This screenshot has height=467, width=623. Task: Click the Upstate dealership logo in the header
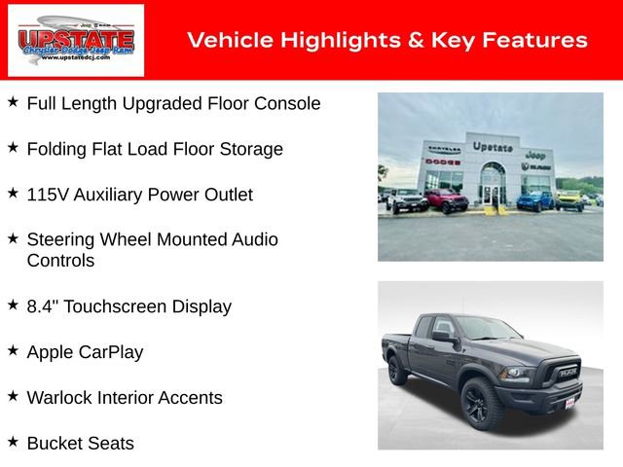coord(75,40)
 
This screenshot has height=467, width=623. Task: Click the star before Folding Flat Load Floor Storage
coord(13,148)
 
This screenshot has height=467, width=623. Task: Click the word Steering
coord(62,239)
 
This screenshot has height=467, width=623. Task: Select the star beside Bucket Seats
coord(13,443)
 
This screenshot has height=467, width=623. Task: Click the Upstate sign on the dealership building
coord(493,147)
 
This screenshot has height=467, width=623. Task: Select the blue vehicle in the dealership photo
coord(534,199)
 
